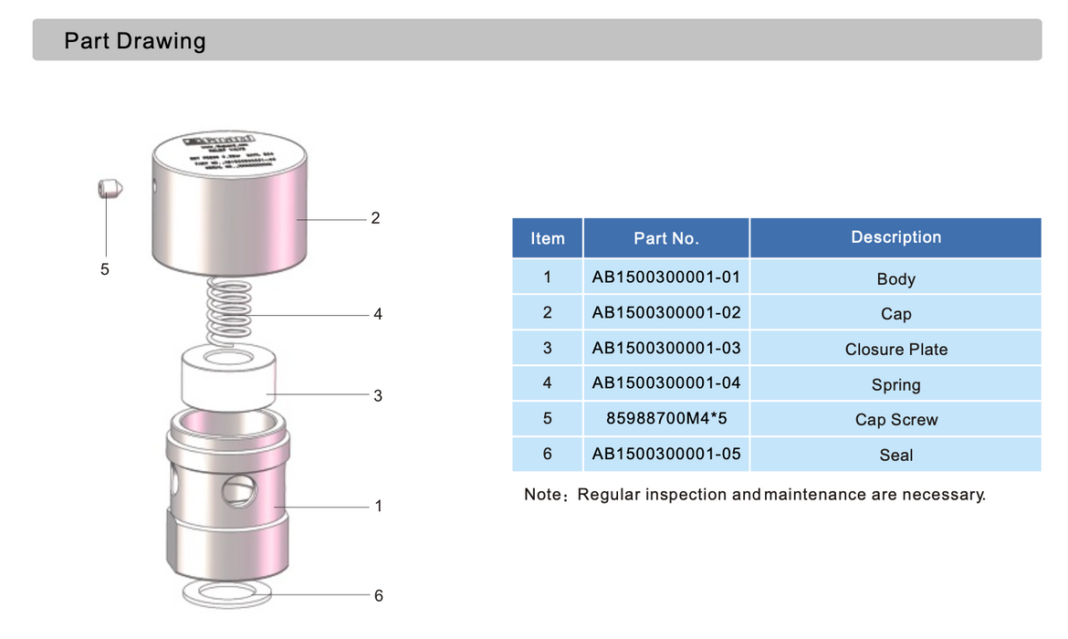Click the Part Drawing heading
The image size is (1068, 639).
(x=135, y=41)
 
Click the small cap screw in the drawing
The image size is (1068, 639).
(x=108, y=189)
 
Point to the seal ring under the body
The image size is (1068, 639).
(x=228, y=595)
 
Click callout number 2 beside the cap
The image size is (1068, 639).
(x=375, y=218)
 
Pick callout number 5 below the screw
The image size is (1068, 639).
(x=105, y=269)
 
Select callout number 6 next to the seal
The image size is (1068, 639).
(x=378, y=595)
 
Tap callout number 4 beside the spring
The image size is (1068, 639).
(x=377, y=314)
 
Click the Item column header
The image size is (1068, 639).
(x=548, y=238)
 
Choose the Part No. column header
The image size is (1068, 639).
(x=666, y=238)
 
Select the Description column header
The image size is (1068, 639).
(x=895, y=237)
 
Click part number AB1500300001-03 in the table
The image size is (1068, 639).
(x=666, y=348)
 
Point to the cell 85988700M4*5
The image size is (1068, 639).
(x=666, y=419)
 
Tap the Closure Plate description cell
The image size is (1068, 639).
(x=895, y=350)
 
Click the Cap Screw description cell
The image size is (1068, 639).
(x=895, y=420)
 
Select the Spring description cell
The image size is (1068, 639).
(x=895, y=384)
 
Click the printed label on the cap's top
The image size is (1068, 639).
(x=229, y=153)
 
